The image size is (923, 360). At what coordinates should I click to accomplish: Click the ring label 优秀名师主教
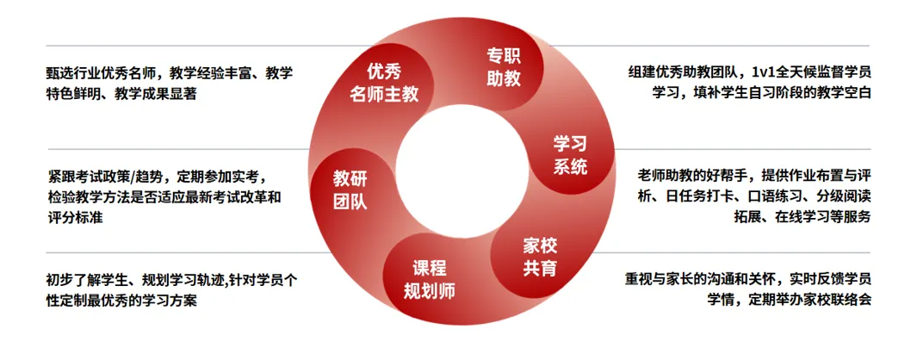point(384,84)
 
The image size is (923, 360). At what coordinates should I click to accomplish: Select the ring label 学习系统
point(570,154)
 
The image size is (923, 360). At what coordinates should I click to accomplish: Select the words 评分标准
point(76,218)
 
